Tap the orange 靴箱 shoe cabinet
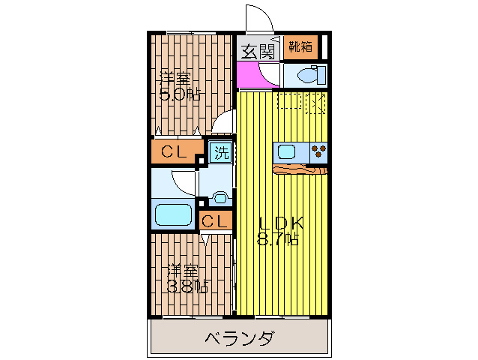point(300,46)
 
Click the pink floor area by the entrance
point(249,75)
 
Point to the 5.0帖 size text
point(179,94)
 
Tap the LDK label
point(281,223)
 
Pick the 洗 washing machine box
point(221,154)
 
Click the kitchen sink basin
point(288,151)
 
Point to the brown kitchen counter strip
point(300,169)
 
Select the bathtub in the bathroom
point(173,214)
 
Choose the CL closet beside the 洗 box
point(174,152)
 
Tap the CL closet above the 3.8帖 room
point(215,220)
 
